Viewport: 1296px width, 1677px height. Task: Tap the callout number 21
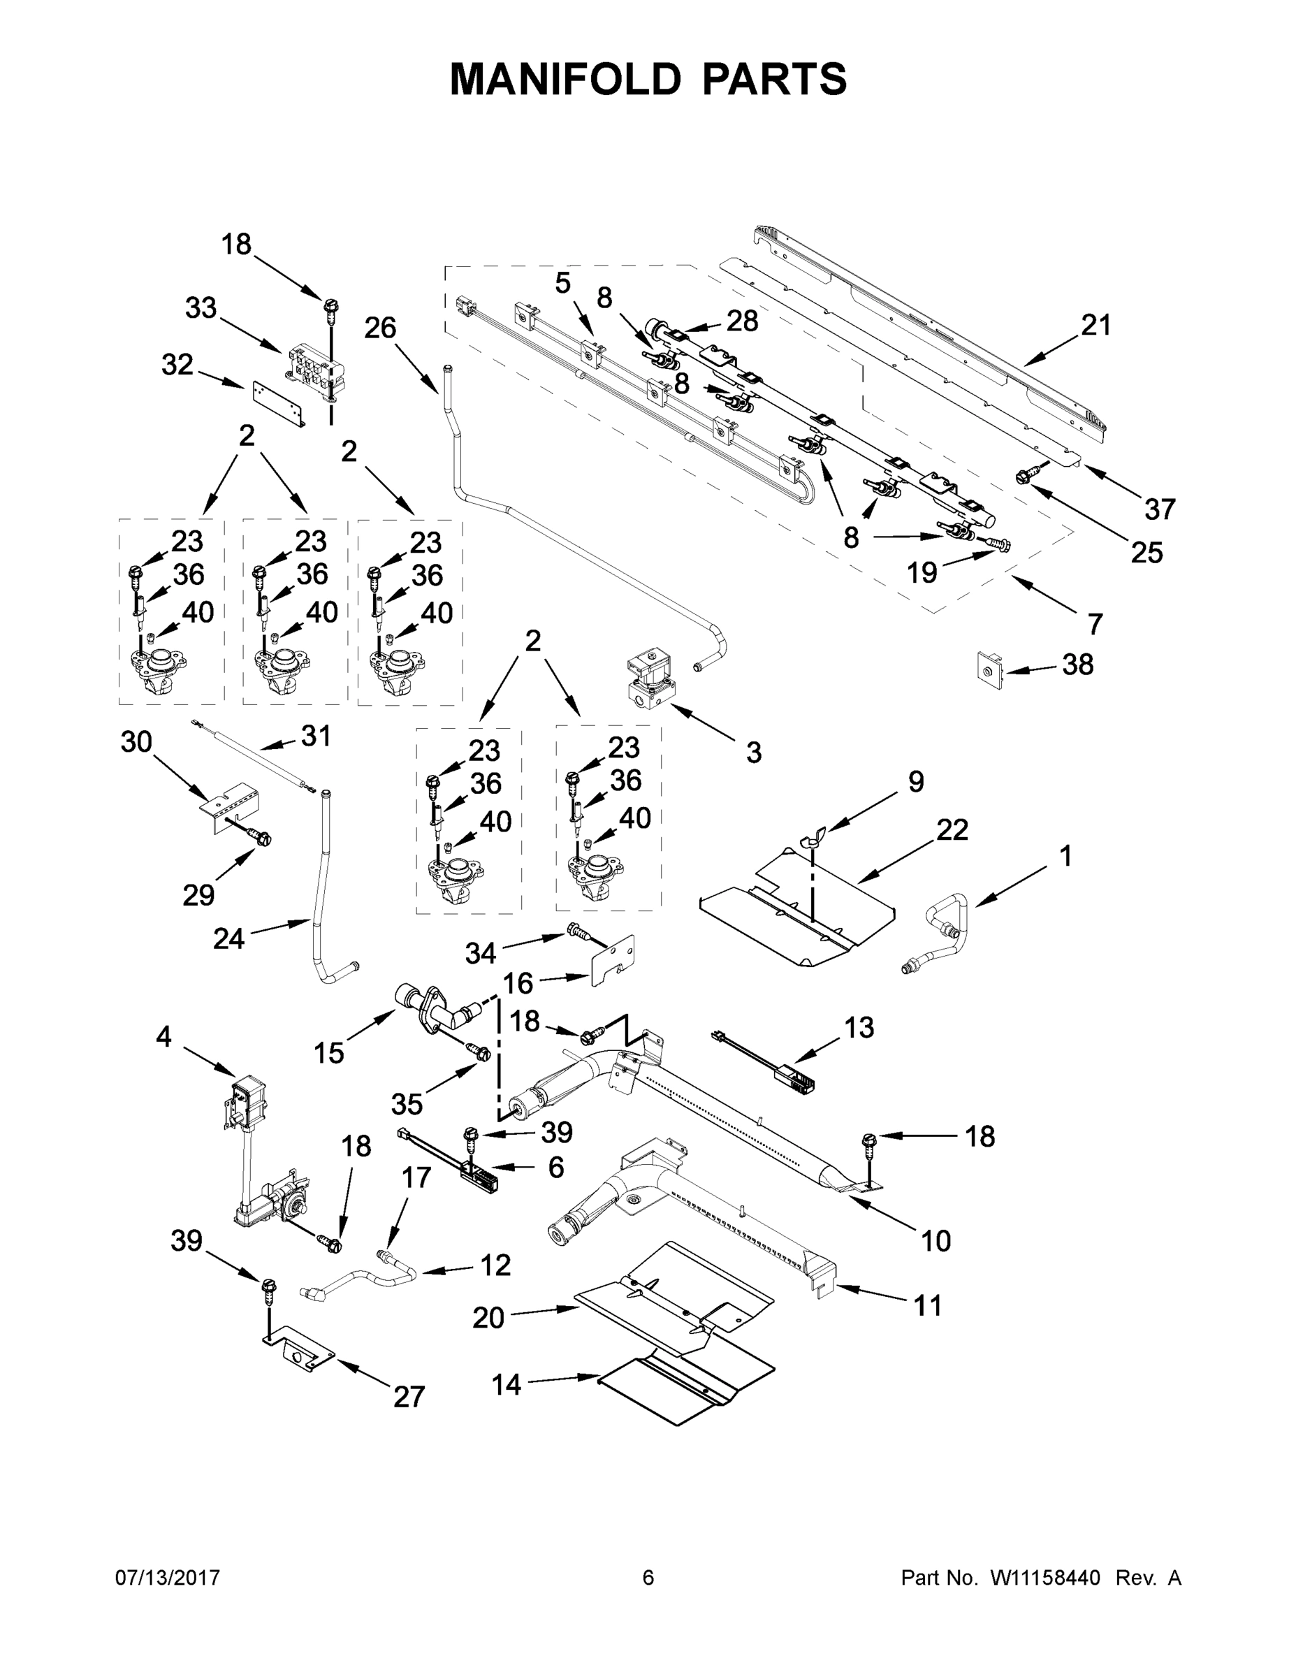click(x=1095, y=326)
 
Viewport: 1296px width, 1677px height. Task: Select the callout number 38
click(x=1077, y=665)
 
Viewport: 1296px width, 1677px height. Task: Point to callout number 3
click(x=753, y=753)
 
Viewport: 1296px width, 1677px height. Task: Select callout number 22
click(x=952, y=830)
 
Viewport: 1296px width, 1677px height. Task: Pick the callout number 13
click(x=859, y=1027)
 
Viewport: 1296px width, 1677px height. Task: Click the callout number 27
click(x=409, y=1397)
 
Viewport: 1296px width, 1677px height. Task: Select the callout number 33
click(x=201, y=309)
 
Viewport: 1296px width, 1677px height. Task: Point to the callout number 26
click(x=380, y=328)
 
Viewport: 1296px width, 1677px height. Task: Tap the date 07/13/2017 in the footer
click(x=168, y=1578)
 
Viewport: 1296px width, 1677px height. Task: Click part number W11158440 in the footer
click(x=1045, y=1578)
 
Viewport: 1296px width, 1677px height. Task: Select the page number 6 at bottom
click(x=648, y=1578)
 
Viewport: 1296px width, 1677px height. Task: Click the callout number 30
click(x=137, y=743)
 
